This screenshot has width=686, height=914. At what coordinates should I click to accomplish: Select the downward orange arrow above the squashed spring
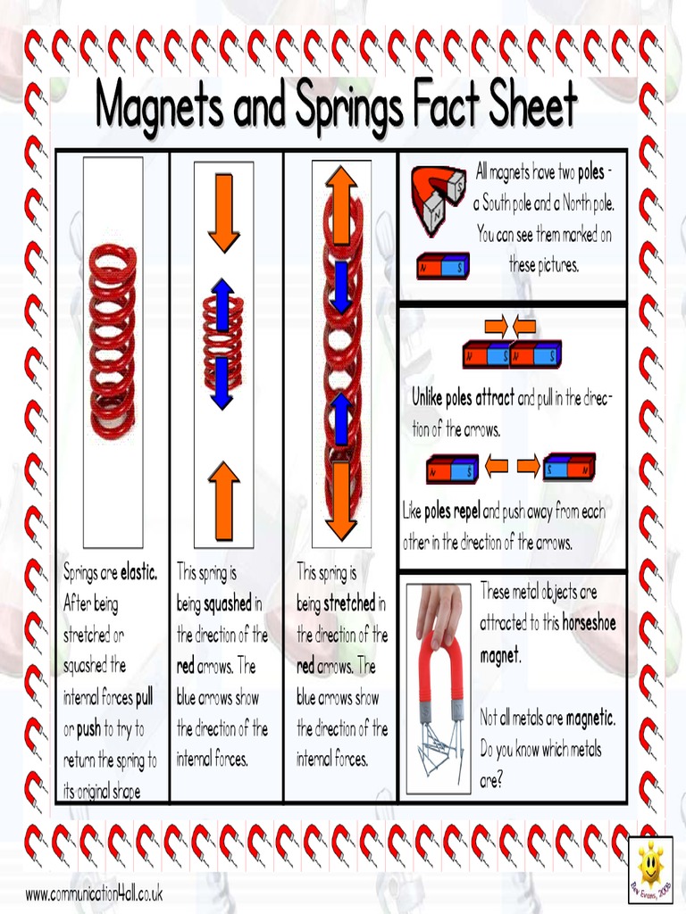pos(223,212)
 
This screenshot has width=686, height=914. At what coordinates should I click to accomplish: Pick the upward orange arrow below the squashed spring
pos(223,502)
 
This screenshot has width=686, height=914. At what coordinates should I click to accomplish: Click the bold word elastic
pos(138,572)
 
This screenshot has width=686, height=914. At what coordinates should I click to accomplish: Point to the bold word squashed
pos(227,604)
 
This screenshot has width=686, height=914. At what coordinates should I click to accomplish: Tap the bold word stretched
pos(349,604)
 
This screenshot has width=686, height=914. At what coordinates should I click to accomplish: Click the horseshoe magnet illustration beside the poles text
pos(438,199)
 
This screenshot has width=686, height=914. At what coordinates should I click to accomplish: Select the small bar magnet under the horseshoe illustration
pos(442,266)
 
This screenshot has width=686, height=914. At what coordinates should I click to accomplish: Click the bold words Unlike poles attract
pos(463,398)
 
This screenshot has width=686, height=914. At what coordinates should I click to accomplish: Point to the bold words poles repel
pos(452,512)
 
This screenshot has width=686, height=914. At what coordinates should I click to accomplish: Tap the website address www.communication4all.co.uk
pos(94,893)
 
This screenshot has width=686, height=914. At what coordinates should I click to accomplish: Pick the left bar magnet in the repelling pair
pos(453,468)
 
